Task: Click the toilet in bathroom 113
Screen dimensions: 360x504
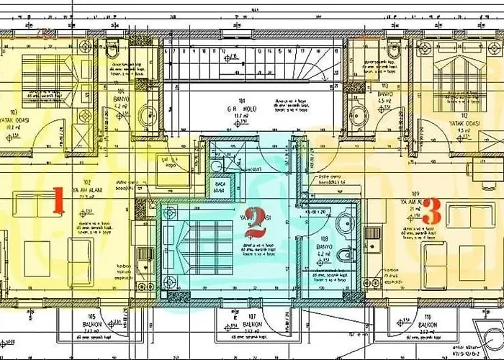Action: [392, 52]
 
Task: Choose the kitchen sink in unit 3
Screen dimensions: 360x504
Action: [374, 234]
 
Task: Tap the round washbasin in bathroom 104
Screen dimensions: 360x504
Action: [147, 116]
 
